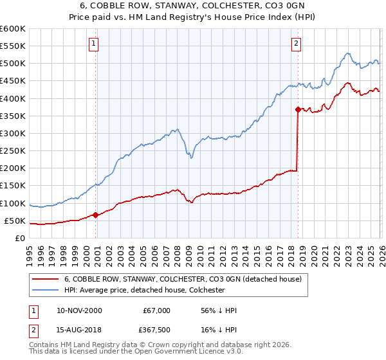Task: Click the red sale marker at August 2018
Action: point(298,109)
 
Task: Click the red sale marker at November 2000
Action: point(96,215)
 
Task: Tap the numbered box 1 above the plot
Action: point(93,44)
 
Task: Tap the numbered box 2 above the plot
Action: point(296,44)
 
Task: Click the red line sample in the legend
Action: point(45,279)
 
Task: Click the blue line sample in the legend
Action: point(45,290)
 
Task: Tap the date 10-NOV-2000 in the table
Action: point(79,310)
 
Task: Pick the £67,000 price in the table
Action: point(156,310)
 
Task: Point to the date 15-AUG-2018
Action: point(79,329)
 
